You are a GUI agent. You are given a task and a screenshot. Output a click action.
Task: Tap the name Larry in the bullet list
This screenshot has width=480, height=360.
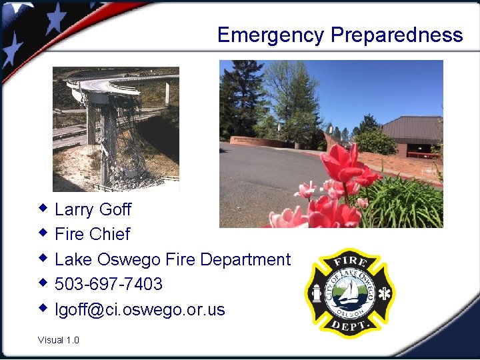(74, 210)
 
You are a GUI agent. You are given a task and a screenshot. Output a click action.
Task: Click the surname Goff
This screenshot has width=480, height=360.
(115, 209)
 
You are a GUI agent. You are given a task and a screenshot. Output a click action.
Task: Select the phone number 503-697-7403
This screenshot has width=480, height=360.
(109, 284)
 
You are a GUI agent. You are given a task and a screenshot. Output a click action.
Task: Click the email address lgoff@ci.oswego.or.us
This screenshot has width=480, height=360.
(140, 309)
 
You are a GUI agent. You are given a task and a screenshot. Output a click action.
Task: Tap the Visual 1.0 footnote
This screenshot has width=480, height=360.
(59, 340)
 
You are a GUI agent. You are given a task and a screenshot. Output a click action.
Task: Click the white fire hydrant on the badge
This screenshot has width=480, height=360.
(315, 293)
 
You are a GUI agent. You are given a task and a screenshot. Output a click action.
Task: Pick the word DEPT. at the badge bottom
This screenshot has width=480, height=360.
(349, 327)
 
